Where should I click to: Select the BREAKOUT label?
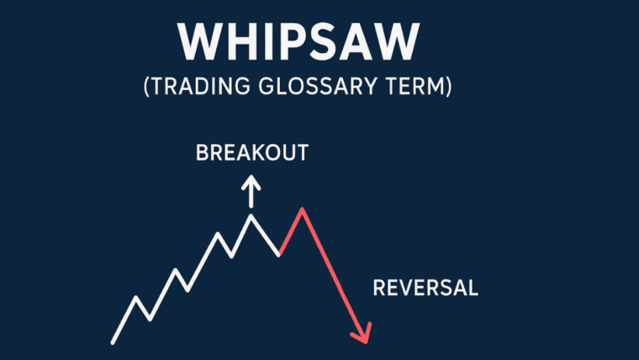click(x=251, y=153)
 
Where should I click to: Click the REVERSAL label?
click(x=425, y=288)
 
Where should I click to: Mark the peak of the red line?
click(x=300, y=209)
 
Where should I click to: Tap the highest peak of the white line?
click(x=250, y=216)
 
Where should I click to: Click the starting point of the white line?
click(x=113, y=341)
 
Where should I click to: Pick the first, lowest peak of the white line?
click(x=136, y=298)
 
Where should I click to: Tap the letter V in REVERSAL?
click(x=406, y=288)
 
